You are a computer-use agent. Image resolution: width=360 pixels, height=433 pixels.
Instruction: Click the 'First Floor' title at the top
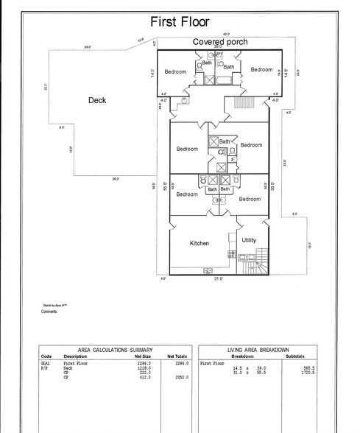tap(180, 21)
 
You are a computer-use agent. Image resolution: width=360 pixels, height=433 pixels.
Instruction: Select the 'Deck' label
tap(98, 101)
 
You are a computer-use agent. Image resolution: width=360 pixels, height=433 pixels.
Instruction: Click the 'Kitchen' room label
tap(200, 243)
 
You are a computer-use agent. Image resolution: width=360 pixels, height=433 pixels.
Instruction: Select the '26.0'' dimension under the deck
tap(116, 179)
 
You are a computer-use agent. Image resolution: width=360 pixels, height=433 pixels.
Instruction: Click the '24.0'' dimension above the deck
tap(88, 47)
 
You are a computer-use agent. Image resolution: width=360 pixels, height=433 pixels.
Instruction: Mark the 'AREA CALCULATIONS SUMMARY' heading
tap(115, 350)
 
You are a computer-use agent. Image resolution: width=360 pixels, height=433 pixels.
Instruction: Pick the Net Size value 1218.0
tap(144, 367)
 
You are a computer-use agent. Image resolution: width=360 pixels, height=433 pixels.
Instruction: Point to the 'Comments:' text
tap(51, 311)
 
